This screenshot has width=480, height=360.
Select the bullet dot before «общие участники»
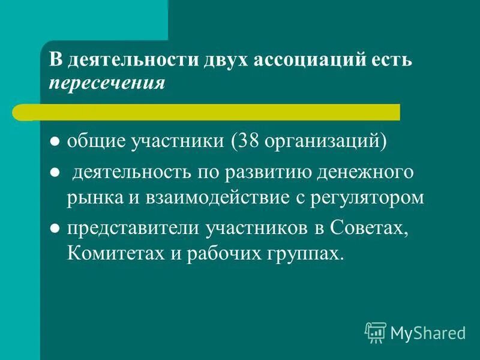click(55, 143)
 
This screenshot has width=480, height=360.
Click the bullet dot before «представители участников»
click(55, 228)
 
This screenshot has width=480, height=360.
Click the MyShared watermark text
click(428, 332)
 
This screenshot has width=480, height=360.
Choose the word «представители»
click(133, 227)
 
